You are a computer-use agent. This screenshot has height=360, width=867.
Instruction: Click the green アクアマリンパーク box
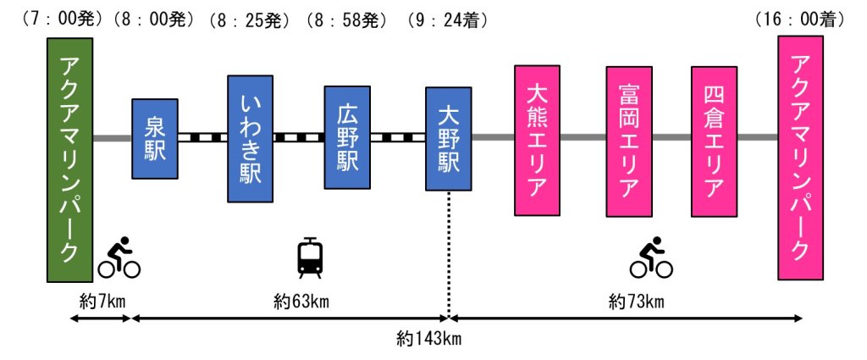(69, 159)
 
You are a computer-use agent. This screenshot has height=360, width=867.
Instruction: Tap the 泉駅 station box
(155, 138)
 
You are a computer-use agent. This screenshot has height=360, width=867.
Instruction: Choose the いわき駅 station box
(250, 139)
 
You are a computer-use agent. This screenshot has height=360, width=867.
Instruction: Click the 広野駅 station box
(348, 137)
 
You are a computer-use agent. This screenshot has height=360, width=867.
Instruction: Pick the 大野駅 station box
(448, 138)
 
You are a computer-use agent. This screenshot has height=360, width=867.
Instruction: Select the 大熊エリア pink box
(537, 139)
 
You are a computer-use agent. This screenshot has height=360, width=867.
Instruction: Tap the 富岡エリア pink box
(629, 139)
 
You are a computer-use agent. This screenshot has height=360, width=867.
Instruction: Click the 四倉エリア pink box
(714, 139)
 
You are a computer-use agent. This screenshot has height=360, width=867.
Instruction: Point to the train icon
(310, 258)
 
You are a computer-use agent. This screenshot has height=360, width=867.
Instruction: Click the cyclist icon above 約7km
(119, 258)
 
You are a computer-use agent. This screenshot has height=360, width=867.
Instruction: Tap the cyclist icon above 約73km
(651, 258)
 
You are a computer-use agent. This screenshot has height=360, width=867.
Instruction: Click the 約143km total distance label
(428, 340)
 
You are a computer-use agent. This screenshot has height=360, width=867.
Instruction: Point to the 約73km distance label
(636, 301)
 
